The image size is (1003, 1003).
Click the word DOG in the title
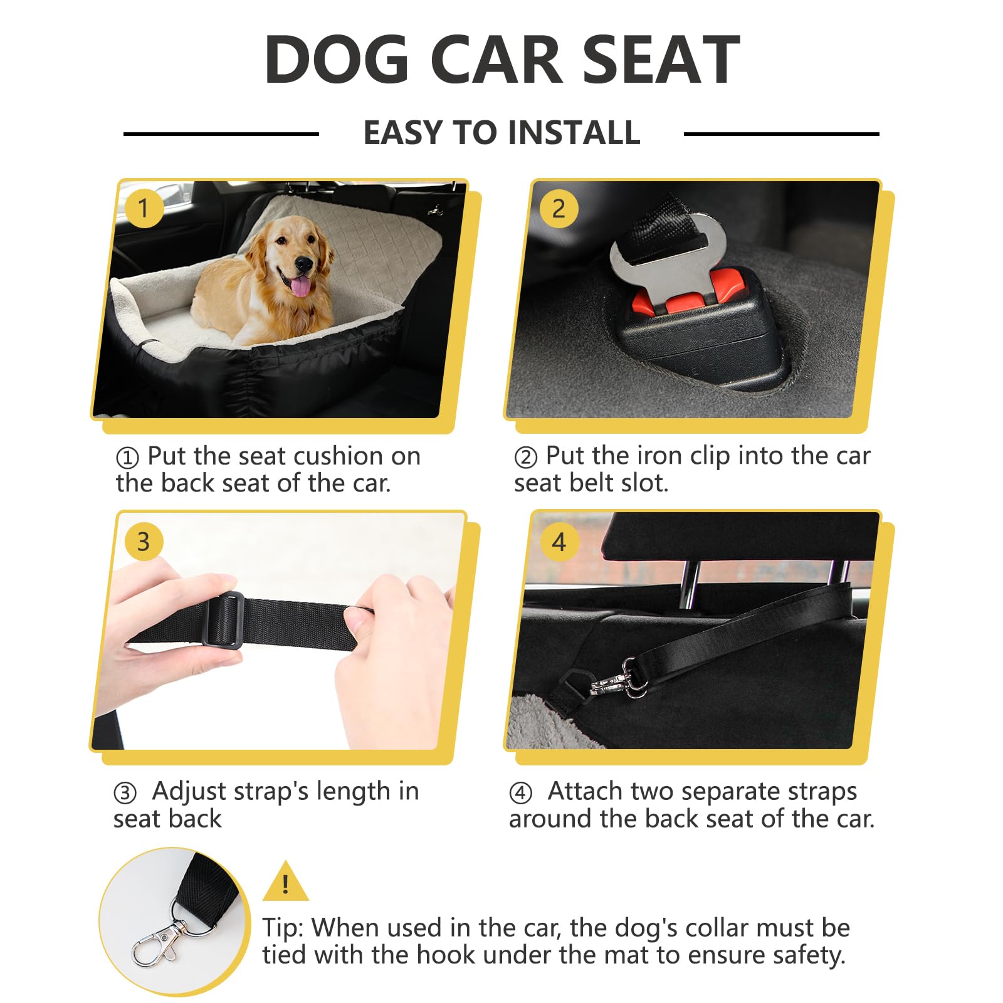[337, 60]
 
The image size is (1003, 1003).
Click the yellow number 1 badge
[144, 208]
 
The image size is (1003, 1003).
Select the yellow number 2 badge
[559, 208]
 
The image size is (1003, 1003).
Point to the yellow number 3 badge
[144, 542]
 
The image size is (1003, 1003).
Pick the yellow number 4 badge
[559, 542]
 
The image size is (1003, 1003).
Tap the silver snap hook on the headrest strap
[617, 678]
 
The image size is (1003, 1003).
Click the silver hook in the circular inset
[157, 939]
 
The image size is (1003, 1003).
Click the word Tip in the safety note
[282, 928]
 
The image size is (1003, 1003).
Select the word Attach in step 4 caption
[586, 791]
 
